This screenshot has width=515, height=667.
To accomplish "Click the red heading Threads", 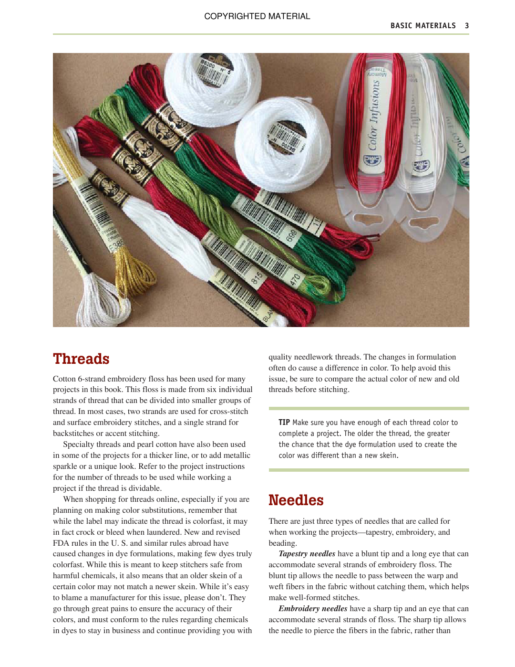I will click(x=81, y=359).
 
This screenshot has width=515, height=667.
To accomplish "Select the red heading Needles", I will click(x=296, y=500).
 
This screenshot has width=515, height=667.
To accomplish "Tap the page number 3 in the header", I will click(x=467, y=26).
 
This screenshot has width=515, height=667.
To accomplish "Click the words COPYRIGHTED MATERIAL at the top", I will click(x=257, y=16).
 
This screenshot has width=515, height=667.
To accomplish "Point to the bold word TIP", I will click(x=284, y=423).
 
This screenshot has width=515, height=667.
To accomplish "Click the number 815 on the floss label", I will click(x=257, y=278).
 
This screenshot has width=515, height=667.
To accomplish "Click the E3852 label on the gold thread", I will click(x=116, y=245).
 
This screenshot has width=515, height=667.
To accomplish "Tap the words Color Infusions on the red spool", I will click(x=373, y=115).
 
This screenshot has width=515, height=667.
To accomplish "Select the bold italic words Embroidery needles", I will click(x=313, y=609).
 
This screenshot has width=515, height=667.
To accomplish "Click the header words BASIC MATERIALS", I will click(x=423, y=26).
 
